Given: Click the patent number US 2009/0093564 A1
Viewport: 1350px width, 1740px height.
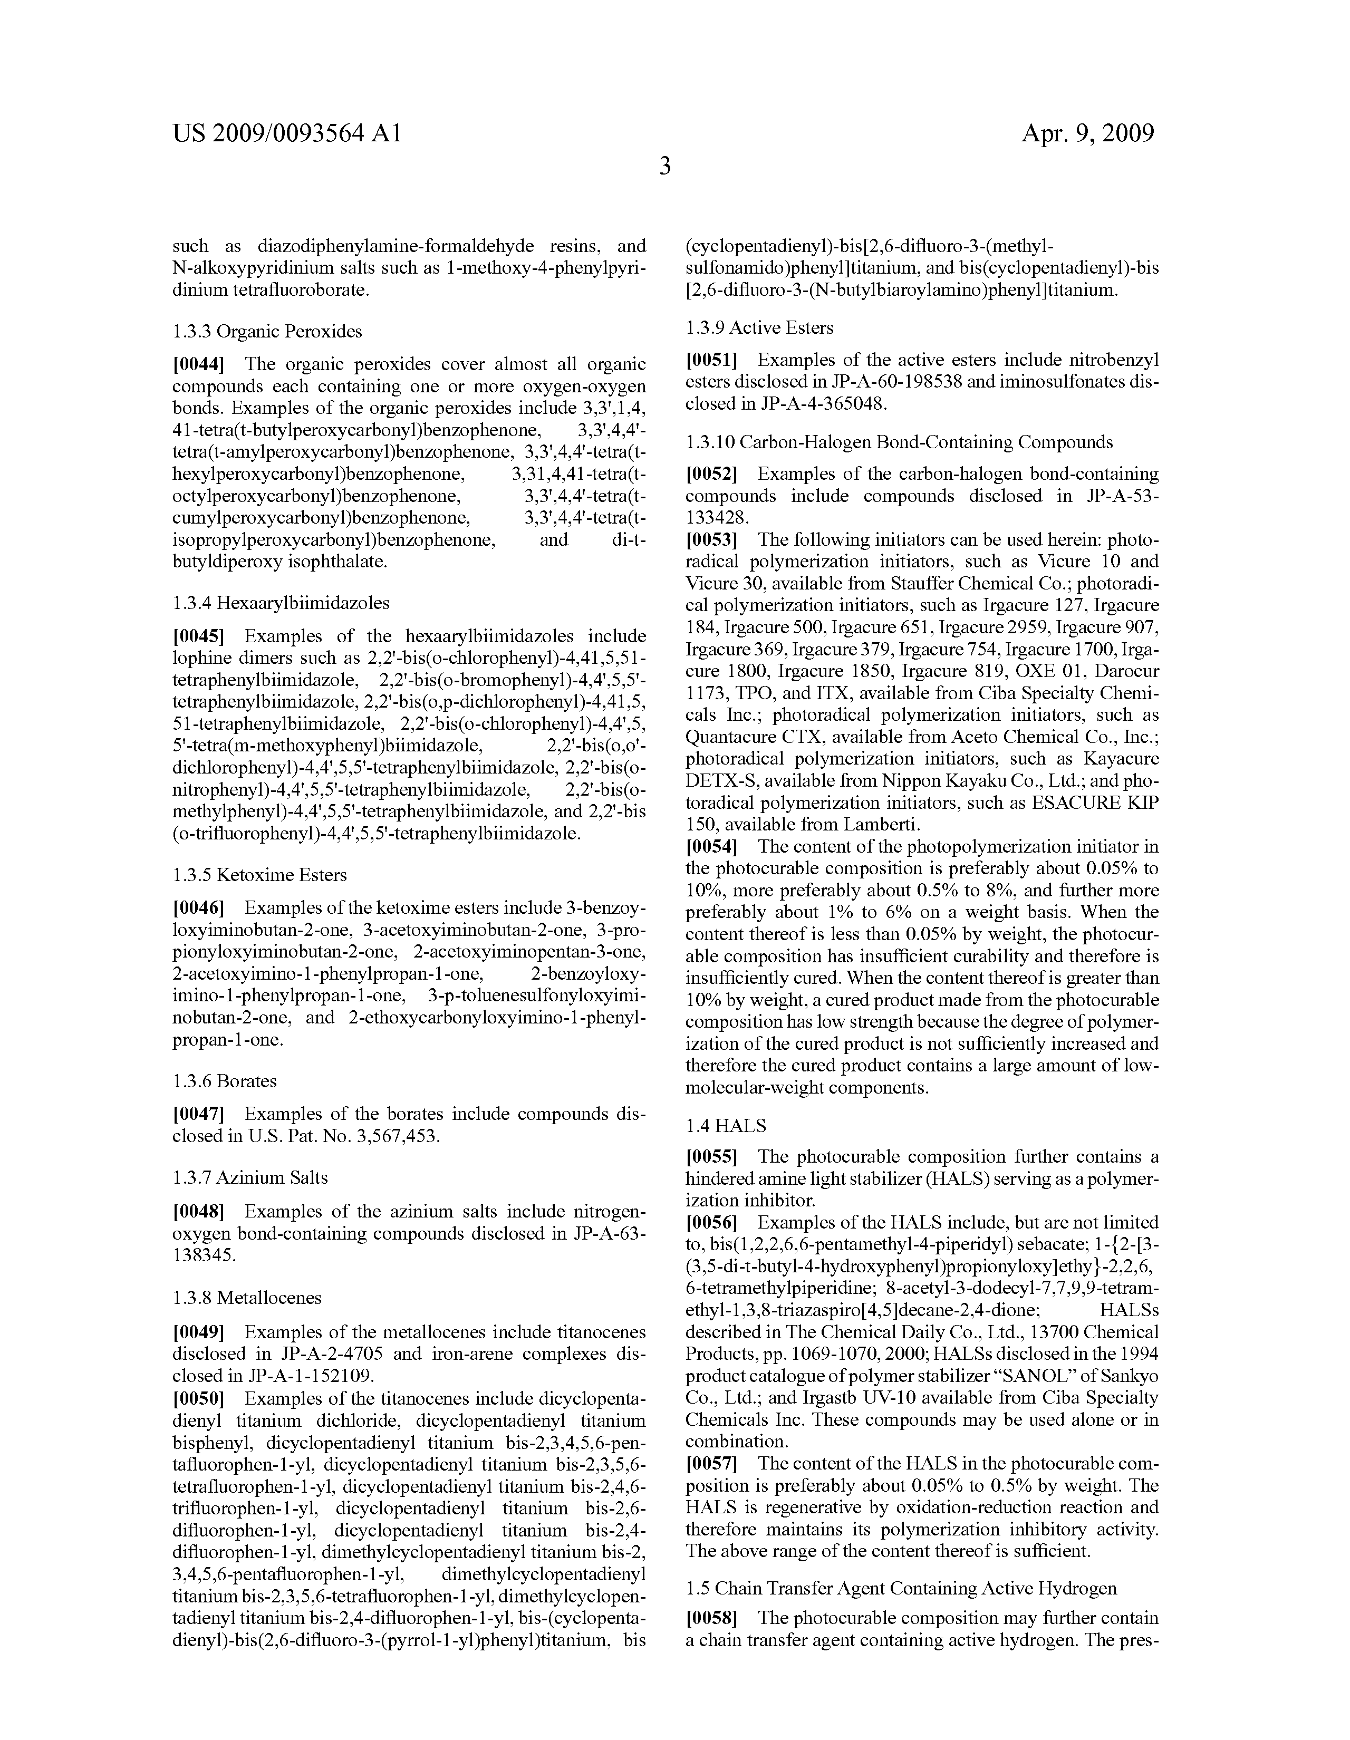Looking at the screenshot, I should pos(287,133).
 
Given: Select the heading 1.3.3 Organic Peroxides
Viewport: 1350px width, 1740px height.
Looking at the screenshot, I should pos(267,332).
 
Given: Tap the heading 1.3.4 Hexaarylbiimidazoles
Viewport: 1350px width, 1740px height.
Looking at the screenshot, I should pos(281,603).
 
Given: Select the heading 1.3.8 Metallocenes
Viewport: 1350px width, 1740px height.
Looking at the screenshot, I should pos(246,1298).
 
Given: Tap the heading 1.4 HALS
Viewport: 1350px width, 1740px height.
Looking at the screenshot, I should pos(725,1126).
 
